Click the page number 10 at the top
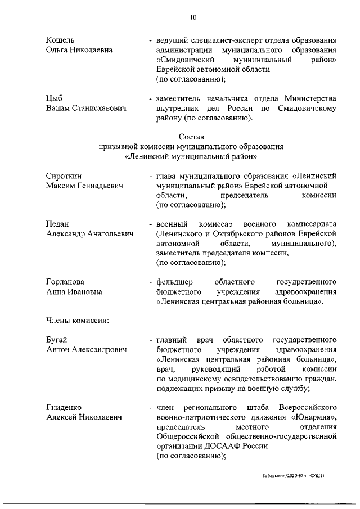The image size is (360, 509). (x=192, y=17)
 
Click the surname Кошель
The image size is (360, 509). (x=60, y=40)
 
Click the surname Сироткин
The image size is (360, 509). (x=64, y=176)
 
